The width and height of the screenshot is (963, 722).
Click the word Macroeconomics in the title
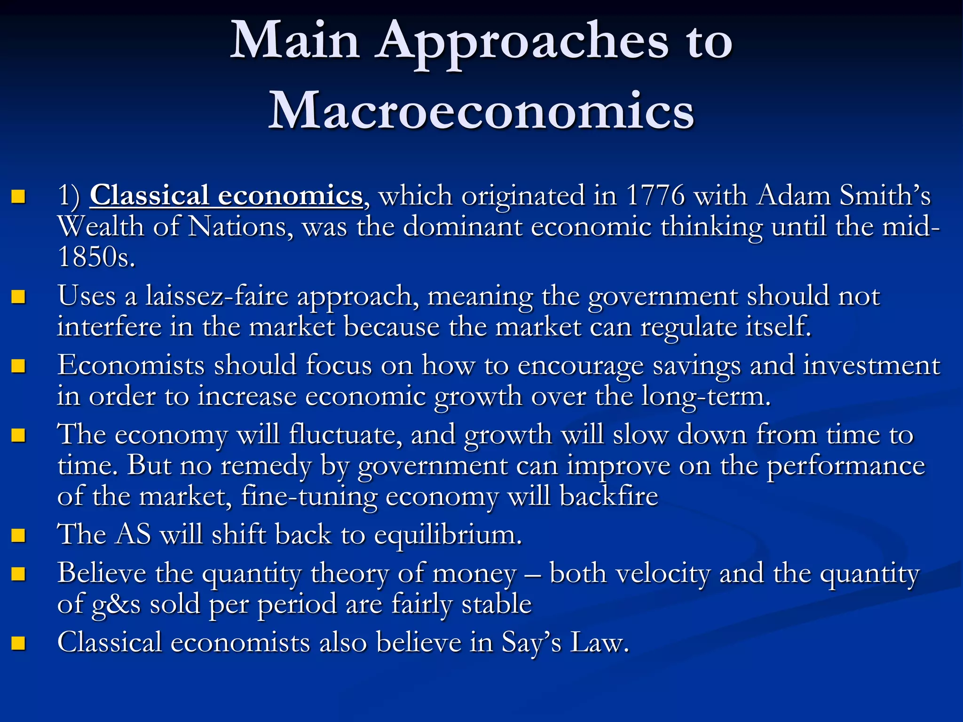(x=481, y=111)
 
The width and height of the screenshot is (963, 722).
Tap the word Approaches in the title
(x=523, y=42)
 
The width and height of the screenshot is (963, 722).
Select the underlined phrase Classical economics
(x=226, y=195)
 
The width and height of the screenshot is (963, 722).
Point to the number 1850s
(x=96, y=257)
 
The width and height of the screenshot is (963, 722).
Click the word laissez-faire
(x=216, y=296)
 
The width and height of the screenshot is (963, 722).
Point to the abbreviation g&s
(x=116, y=604)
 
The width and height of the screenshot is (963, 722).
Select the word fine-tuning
(x=309, y=497)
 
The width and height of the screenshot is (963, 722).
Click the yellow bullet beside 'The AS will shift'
(x=18, y=535)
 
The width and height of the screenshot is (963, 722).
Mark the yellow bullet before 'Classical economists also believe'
(x=18, y=643)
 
